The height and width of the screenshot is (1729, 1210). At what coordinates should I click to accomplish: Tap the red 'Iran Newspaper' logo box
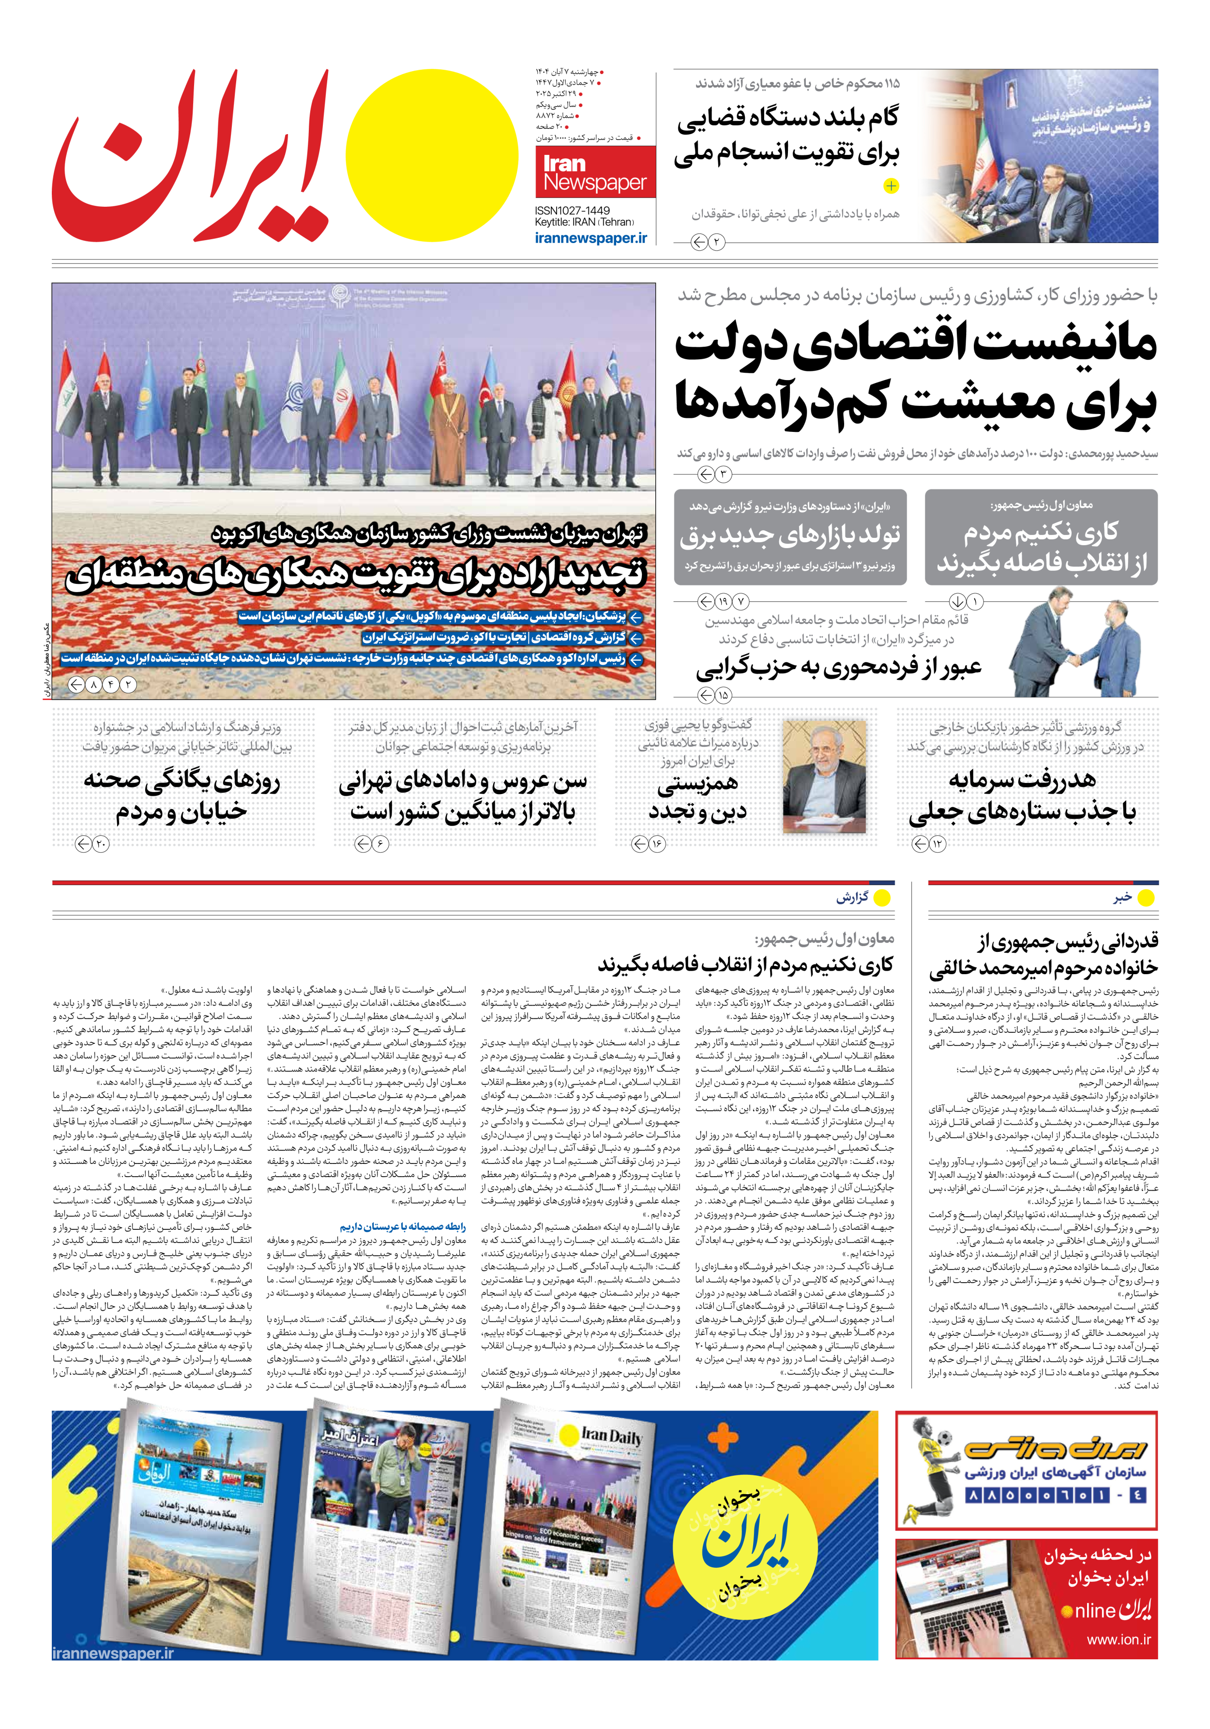pos(595,172)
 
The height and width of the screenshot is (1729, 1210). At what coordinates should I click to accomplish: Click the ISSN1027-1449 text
pos(572,211)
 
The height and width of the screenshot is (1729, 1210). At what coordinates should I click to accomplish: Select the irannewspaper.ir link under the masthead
pos(590,238)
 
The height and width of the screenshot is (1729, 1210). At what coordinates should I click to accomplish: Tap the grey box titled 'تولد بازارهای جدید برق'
pos(790,536)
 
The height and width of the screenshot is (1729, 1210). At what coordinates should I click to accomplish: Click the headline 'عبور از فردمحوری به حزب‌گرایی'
pos(838,668)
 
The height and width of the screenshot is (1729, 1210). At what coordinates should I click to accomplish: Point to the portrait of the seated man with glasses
pos(824,776)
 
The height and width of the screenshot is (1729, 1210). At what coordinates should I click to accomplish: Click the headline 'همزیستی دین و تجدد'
pos(697,798)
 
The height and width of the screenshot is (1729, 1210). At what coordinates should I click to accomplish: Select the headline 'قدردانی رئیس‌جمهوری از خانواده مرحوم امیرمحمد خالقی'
pos(1043,954)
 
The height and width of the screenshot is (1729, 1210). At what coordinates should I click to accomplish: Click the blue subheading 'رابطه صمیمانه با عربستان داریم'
pos(402,1227)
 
